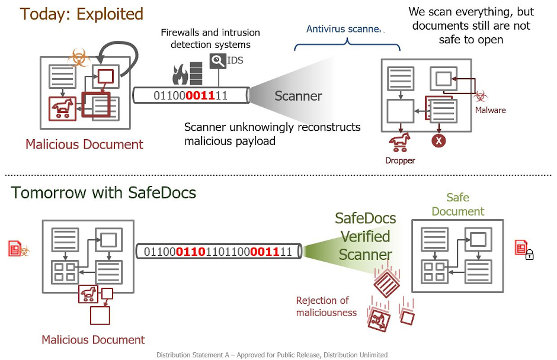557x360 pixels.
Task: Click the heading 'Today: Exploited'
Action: point(82,14)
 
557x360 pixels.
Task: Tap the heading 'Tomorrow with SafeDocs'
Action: point(103,192)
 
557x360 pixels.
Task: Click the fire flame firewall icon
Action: point(180,74)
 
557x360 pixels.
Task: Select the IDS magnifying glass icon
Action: point(217,60)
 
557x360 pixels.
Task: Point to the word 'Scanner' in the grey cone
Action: point(298,96)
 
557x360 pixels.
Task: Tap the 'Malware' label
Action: point(490,110)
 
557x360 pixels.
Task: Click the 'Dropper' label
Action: point(401,160)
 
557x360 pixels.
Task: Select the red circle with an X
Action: point(438,141)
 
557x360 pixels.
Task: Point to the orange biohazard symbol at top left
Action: point(78,58)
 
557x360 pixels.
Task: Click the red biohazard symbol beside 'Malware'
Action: point(481,95)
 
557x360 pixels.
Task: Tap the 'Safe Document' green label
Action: point(457,204)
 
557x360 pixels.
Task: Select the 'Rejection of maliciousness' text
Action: point(326,306)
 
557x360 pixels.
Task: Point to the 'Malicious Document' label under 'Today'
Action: point(84,144)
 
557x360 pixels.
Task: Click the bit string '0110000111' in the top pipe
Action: point(190,95)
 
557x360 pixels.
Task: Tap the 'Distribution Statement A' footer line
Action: point(272,355)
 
